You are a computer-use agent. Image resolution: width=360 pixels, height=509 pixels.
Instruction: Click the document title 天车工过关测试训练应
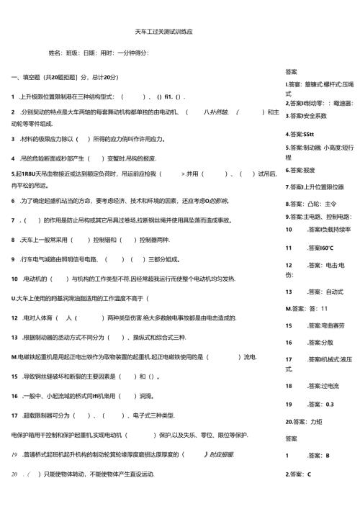click(163, 33)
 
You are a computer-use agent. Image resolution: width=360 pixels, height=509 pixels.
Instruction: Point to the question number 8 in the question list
click(14, 240)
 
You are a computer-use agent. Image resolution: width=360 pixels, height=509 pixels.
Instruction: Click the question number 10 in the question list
click(15, 278)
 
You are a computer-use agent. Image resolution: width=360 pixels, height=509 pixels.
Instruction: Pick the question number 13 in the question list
click(15, 337)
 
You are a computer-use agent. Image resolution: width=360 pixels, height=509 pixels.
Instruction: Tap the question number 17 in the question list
click(15, 415)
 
